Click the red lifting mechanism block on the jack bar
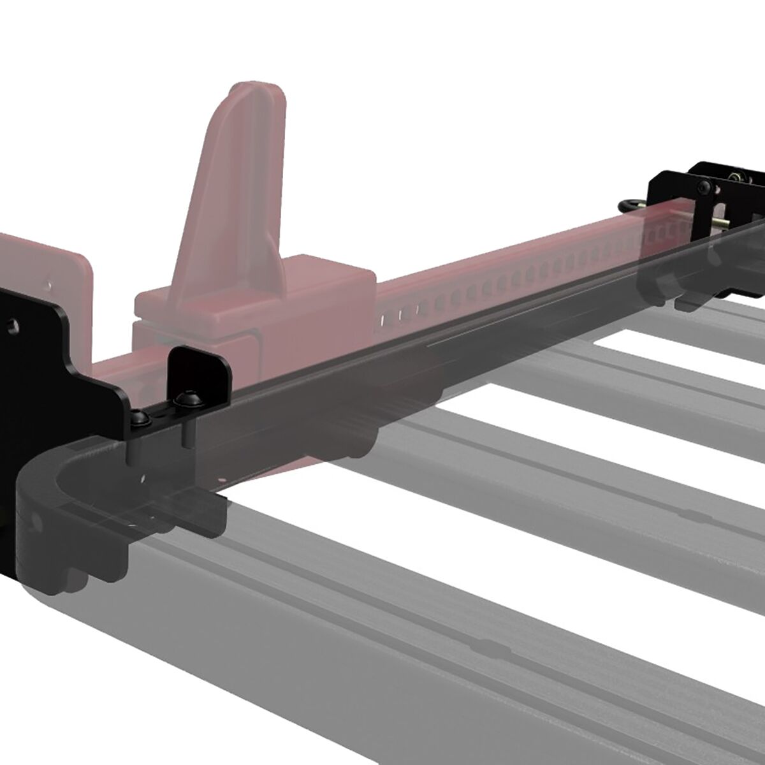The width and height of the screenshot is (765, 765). pos(255,306)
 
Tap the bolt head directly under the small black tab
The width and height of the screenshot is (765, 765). pos(186,400)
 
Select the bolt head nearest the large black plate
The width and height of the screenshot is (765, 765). pos(141,418)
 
